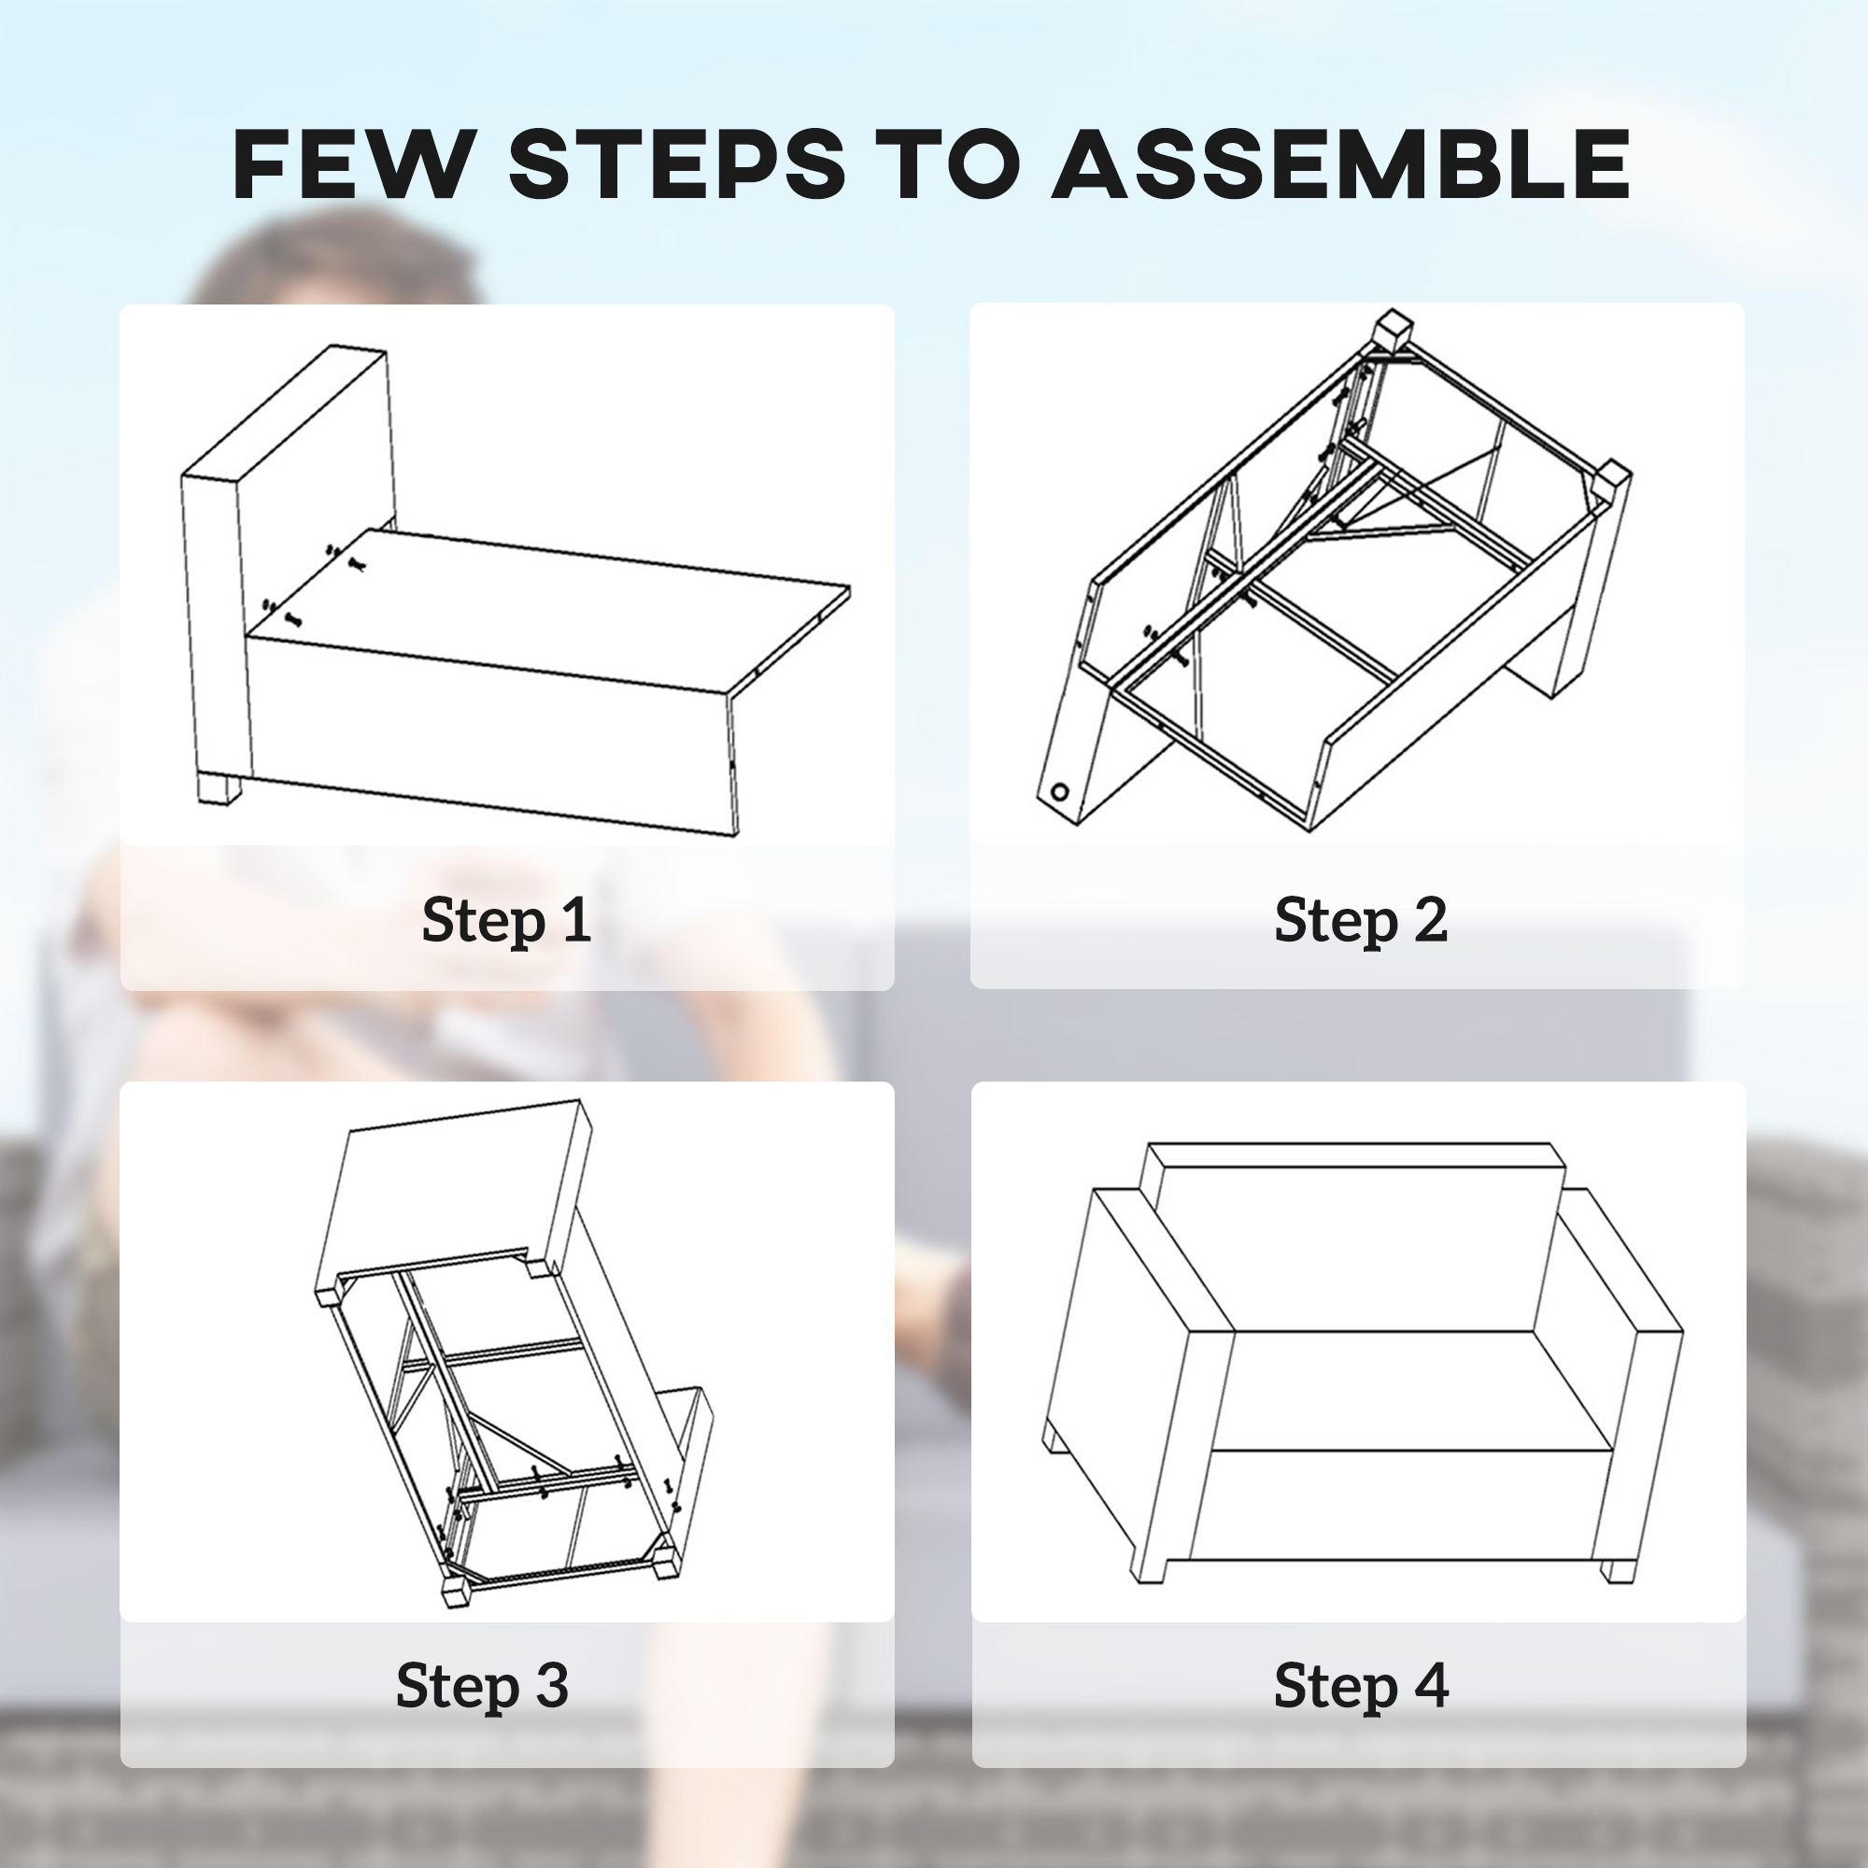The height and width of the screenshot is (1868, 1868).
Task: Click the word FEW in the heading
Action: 350,163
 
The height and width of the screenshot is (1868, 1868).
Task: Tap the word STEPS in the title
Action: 677,163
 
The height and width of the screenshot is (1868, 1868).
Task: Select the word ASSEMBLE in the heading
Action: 1342,163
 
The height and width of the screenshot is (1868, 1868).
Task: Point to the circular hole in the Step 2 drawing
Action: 1060,793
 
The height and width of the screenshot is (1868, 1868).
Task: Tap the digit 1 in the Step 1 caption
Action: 576,917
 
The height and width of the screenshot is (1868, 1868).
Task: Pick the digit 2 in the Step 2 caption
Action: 1430,917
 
